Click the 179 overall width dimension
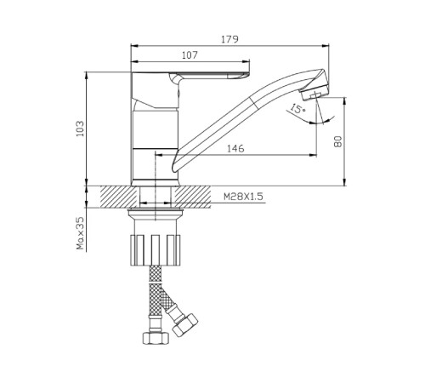tap(229, 39)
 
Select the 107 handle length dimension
tap(190, 55)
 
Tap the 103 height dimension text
tap(80, 129)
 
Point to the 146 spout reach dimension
tap(235, 148)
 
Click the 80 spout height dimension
tap(337, 141)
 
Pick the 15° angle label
tap(297, 108)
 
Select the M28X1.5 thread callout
tap(243, 197)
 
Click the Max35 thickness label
tap(81, 233)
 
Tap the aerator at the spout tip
tap(314, 93)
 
